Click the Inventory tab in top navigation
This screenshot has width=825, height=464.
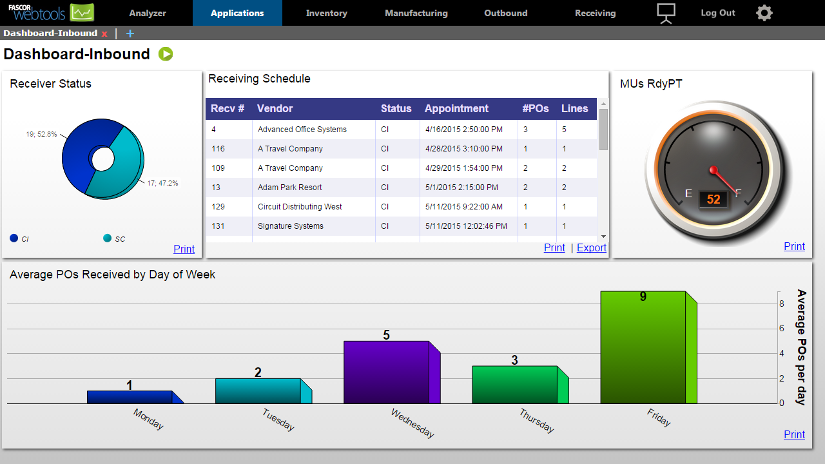click(x=326, y=13)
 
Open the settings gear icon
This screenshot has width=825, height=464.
click(x=764, y=13)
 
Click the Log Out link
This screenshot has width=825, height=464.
click(x=717, y=13)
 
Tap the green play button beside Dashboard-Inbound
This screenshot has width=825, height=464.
click(x=166, y=54)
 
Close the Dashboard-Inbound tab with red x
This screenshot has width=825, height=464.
click(x=104, y=34)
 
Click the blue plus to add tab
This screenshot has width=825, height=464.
click(x=130, y=34)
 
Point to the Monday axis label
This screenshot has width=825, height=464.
click(x=148, y=419)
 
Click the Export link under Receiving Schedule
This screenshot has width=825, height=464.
click(x=591, y=247)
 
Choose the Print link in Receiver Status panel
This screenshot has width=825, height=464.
click(x=184, y=249)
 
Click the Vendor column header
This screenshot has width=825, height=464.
click(x=275, y=108)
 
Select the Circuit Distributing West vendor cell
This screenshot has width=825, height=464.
click(x=300, y=207)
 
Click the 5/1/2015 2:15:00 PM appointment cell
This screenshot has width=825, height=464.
click(x=461, y=188)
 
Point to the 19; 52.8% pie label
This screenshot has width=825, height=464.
click(x=41, y=134)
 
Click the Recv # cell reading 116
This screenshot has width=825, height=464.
click(x=218, y=149)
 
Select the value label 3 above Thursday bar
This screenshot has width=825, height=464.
click(x=514, y=360)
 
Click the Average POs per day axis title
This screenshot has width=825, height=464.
click(x=801, y=347)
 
